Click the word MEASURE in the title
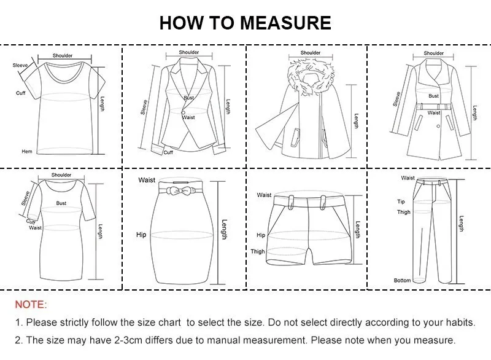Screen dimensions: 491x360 (x=285, y=23)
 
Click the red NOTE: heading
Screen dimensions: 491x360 (x=31, y=305)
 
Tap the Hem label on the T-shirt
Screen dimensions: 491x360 (x=27, y=151)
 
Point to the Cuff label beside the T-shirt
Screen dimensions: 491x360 (x=21, y=93)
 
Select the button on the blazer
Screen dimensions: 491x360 (x=183, y=112)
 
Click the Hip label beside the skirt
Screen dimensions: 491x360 (x=141, y=235)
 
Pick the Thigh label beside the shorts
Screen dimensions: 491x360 (x=258, y=251)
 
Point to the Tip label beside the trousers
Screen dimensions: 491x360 (x=401, y=202)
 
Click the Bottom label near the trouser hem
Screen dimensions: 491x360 (x=403, y=280)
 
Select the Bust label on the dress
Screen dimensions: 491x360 (x=61, y=203)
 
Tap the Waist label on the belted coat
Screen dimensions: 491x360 (x=434, y=112)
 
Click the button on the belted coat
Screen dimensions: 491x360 (x=438, y=127)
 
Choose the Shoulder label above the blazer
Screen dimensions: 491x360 (x=189, y=52)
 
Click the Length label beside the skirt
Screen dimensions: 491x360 (x=224, y=229)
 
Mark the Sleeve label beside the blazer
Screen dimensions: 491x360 (x=144, y=107)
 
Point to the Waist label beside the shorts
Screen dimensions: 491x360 (x=264, y=195)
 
